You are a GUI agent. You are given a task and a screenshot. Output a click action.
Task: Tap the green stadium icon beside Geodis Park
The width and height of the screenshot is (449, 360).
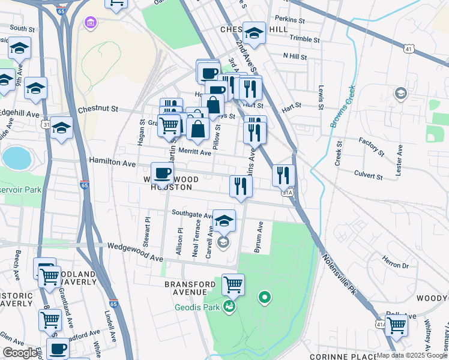tap(229, 307)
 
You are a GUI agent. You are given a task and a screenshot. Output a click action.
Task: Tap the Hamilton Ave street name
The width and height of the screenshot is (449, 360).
tap(112, 162)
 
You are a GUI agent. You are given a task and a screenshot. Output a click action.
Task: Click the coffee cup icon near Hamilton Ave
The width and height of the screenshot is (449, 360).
tap(162, 174)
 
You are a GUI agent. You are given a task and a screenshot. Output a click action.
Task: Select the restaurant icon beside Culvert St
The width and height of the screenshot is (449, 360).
tap(283, 175)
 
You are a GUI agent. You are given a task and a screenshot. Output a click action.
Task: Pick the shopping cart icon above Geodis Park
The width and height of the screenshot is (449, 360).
tap(233, 284)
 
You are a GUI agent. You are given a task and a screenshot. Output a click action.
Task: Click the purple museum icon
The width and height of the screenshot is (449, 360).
tap(91, 23)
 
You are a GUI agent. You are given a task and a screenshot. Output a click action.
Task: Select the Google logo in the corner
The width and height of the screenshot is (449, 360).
tap(20, 353)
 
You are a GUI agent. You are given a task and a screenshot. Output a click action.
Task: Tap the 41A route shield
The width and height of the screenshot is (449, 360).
tap(380, 323)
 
